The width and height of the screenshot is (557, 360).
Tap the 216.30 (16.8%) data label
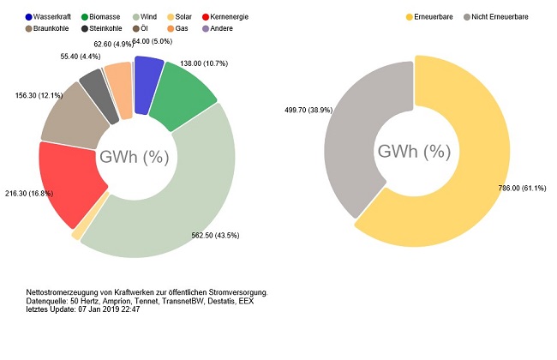click(29, 194)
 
